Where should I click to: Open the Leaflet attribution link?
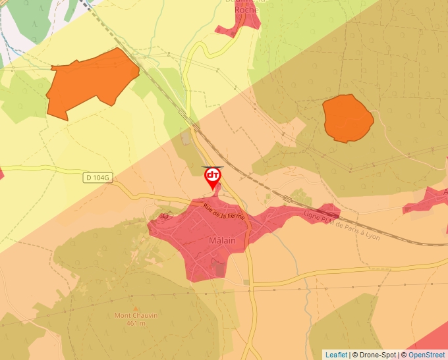pyautogui.click(x=336, y=355)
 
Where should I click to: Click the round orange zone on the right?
pyautogui.click(x=347, y=118)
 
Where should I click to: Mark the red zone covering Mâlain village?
pyautogui.click(x=198, y=237)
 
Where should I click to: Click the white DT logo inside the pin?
pyautogui.click(x=213, y=176)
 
